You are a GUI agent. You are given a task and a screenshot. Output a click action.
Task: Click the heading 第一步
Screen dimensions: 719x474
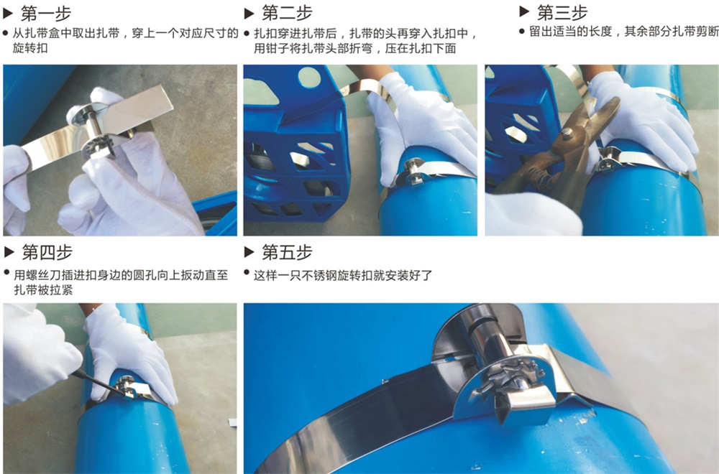pyautogui.click(x=46, y=14)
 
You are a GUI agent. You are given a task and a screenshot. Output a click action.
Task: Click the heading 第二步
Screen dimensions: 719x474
pyautogui.click(x=287, y=13)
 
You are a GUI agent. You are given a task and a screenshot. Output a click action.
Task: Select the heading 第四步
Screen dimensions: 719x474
pyautogui.click(x=47, y=252)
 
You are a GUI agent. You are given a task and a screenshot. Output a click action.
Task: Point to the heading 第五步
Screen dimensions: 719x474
pyautogui.click(x=287, y=252)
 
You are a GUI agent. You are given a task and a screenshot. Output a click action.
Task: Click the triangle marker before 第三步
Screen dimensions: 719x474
pyautogui.click(x=525, y=11)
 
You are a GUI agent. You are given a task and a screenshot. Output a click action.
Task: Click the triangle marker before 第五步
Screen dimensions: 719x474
pyautogui.click(x=249, y=252)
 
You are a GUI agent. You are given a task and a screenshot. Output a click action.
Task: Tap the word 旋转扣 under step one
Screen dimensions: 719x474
pyautogui.click(x=30, y=47)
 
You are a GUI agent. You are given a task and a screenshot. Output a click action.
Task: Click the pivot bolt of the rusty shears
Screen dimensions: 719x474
pyautogui.click(x=568, y=134)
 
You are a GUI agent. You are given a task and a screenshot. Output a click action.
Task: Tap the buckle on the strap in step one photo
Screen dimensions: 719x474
pyautogui.click(x=95, y=131)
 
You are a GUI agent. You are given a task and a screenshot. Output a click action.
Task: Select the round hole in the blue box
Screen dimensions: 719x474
pyautogui.click(x=309, y=77)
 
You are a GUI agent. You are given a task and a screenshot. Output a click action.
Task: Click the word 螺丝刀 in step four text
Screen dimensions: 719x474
pyautogui.click(x=44, y=275)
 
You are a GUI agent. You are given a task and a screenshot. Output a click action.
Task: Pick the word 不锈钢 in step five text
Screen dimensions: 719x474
pyautogui.click(x=320, y=275)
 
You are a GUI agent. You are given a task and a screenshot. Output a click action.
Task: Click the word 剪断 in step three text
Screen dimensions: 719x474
pyautogui.click(x=707, y=32)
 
